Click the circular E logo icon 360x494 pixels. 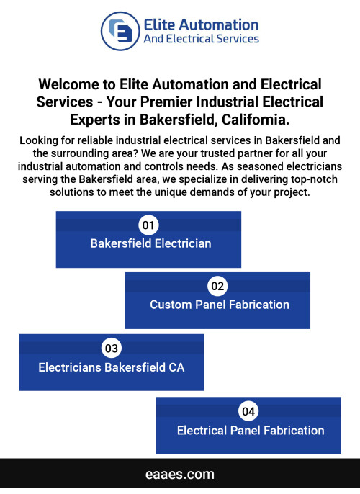(x=120, y=31)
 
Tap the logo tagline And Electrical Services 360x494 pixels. (x=202, y=39)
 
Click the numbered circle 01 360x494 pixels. (x=148, y=225)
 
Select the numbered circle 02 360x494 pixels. (x=217, y=286)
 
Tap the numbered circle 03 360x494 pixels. (x=111, y=348)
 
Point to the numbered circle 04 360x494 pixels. (x=248, y=411)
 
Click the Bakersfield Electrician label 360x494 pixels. (x=150, y=243)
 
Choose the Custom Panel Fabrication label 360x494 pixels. (x=220, y=305)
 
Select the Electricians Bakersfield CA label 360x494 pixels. (x=111, y=367)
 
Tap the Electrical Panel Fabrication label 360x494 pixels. (x=251, y=431)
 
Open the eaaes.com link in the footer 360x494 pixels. (x=180, y=474)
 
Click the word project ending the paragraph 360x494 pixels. (x=292, y=192)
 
